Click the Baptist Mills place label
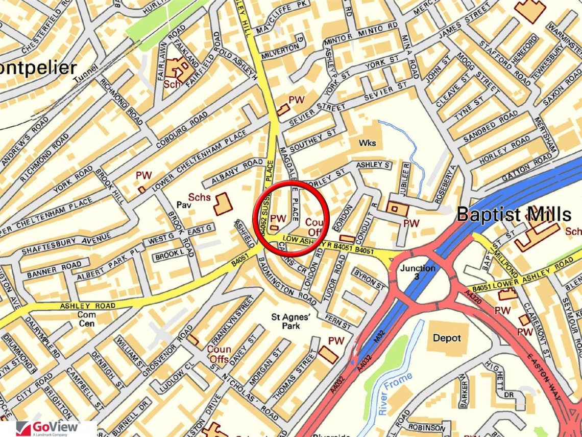click(514, 214)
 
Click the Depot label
click(447, 338)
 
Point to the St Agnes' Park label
click(291, 321)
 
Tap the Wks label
click(367, 143)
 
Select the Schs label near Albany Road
click(200, 197)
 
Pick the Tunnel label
click(84, 80)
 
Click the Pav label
click(183, 205)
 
